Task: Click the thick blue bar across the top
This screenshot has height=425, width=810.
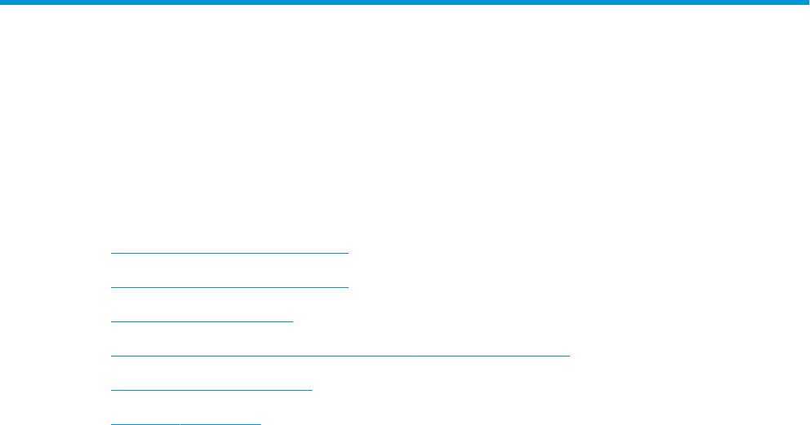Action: [x=405, y=2]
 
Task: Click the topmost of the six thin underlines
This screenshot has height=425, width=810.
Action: [x=229, y=253]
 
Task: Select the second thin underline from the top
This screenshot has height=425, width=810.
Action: [x=229, y=287]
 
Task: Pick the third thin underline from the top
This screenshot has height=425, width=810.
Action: [x=202, y=321]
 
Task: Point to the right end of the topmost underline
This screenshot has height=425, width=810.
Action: [x=347, y=253]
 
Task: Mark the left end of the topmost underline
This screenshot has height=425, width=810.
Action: [x=112, y=253]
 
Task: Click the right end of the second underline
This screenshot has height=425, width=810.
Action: [x=347, y=287]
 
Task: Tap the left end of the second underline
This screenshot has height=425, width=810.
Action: [x=112, y=287]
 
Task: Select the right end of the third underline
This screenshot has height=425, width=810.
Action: [x=292, y=321]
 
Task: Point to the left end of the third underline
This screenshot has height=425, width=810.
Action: [x=112, y=321]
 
